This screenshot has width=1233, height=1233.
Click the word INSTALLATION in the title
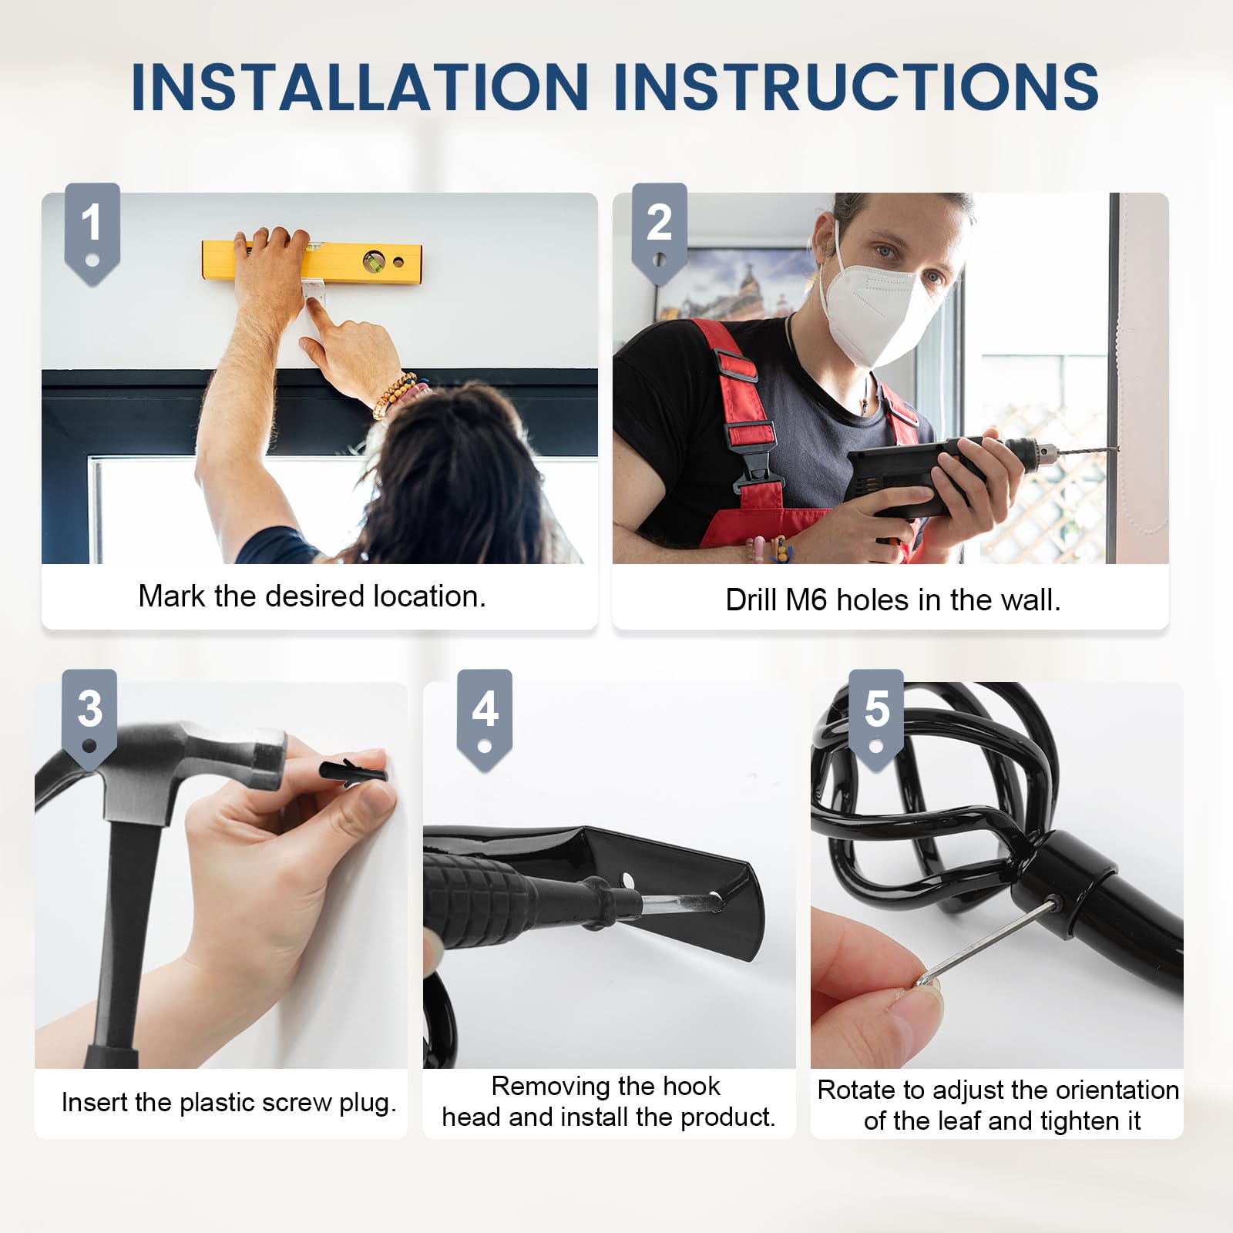[361, 86]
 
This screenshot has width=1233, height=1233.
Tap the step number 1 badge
[92, 233]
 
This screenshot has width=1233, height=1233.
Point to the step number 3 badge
[89, 720]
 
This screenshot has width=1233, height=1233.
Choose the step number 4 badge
[485, 720]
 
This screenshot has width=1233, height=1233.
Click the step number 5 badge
[876, 720]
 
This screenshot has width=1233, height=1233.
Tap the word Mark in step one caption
[173, 596]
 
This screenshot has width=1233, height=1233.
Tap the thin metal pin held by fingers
[983, 944]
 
